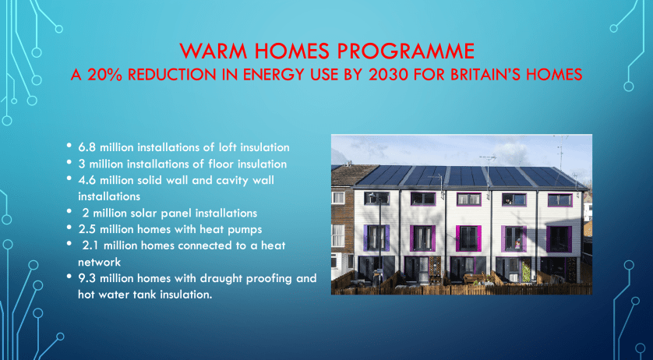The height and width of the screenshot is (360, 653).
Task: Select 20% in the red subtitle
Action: (x=102, y=75)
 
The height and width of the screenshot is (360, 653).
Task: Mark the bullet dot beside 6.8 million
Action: (x=69, y=146)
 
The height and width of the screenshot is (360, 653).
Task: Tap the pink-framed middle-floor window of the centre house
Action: (x=468, y=238)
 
